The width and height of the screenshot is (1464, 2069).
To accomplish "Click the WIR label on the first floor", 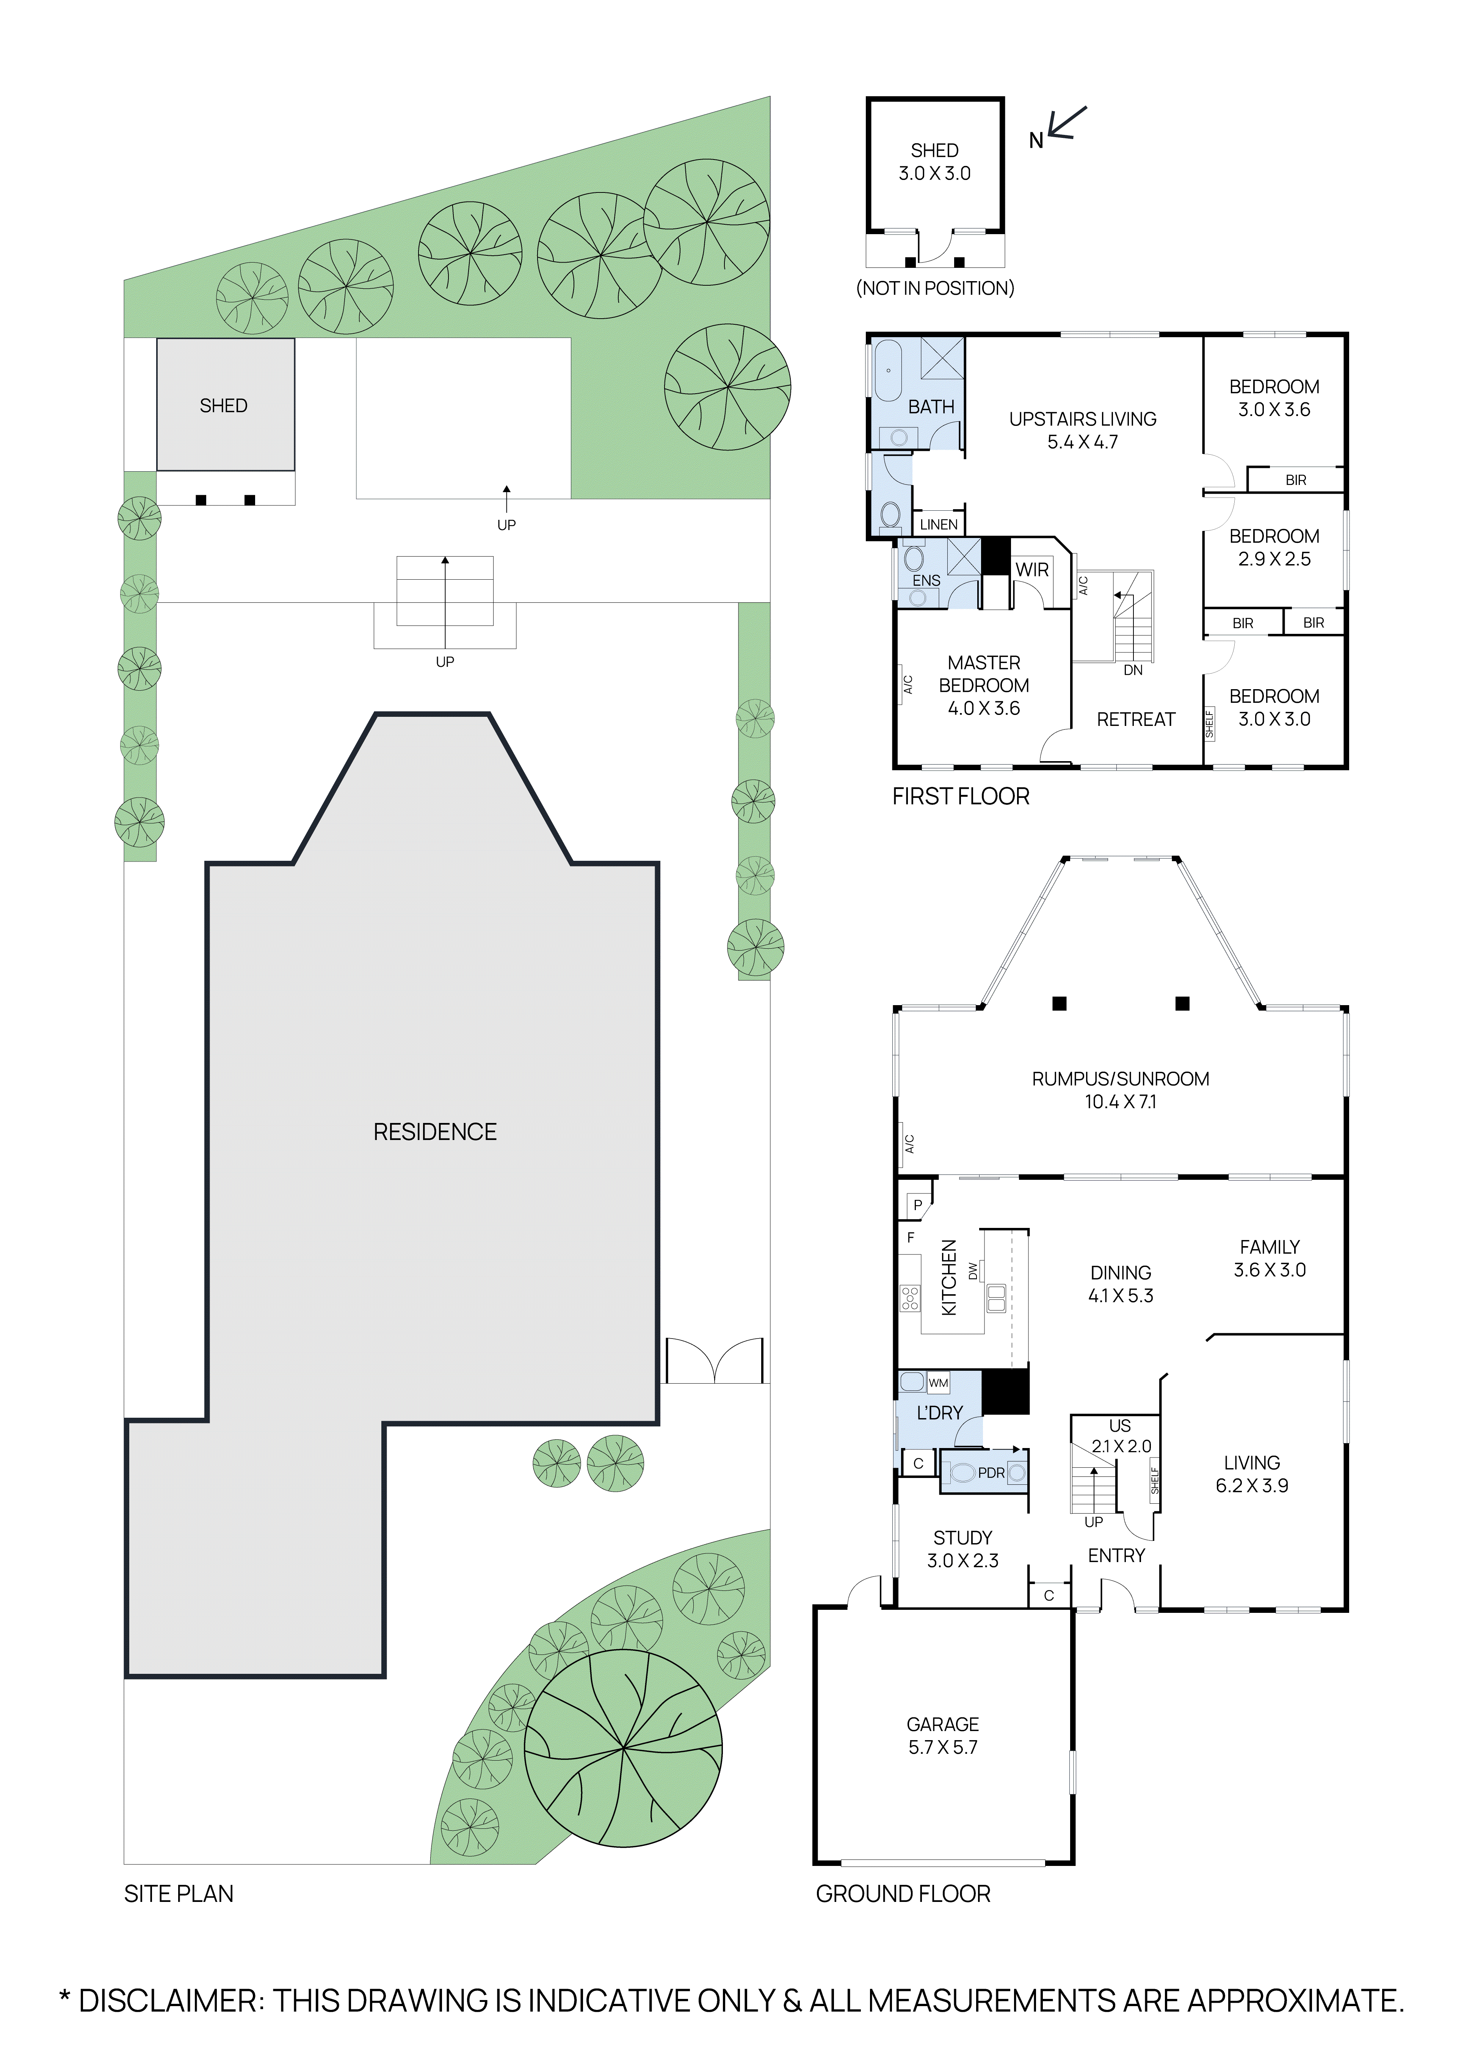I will point(1032,569).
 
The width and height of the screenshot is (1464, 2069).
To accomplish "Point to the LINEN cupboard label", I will point(939,524).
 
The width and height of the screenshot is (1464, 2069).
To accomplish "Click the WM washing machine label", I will point(939,1382).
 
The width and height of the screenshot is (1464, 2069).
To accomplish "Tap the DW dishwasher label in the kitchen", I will point(973,1271).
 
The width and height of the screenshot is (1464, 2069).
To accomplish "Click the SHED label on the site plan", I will point(224,405).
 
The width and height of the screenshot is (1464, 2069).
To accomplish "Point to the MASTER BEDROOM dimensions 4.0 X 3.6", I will point(983,708).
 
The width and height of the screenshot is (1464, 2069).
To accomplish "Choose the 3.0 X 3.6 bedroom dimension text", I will point(1274,409).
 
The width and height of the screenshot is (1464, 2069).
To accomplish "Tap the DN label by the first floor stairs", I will point(1133,671).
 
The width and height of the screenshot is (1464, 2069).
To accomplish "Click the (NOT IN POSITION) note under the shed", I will point(935,288).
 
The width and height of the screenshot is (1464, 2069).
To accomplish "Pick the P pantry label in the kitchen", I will point(918,1205).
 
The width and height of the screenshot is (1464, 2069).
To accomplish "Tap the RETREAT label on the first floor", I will point(1136,719).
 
